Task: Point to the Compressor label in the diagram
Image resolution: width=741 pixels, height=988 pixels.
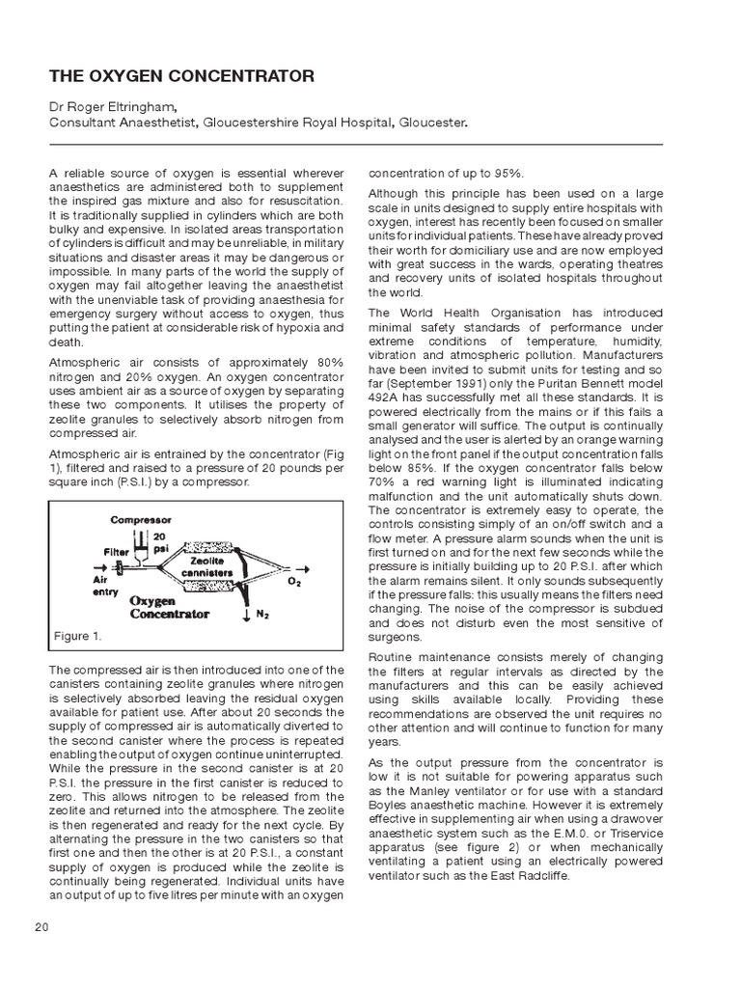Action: pyautogui.click(x=141, y=519)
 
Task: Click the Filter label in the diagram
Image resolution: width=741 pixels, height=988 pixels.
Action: pyautogui.click(x=117, y=553)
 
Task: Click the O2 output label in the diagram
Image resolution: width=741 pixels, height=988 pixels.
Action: pyautogui.click(x=293, y=583)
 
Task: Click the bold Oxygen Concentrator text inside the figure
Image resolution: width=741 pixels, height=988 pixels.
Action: pyautogui.click(x=170, y=606)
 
